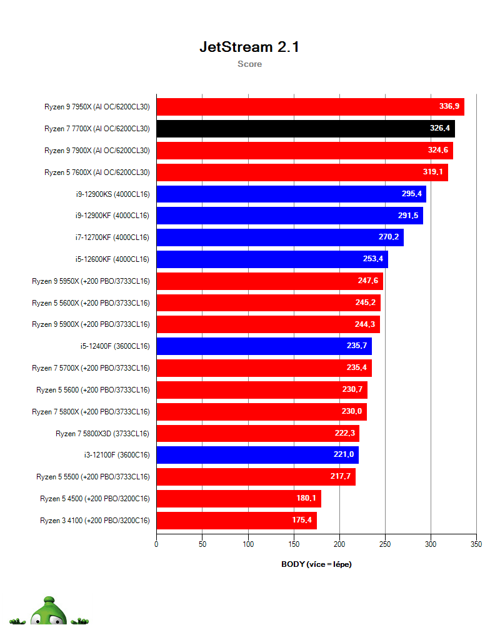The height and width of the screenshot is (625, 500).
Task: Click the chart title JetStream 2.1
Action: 249,47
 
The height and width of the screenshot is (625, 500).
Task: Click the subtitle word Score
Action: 249,64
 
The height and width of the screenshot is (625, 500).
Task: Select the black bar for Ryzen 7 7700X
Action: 305,129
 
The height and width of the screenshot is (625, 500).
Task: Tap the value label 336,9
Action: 449,107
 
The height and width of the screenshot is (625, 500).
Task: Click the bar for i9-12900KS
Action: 291,194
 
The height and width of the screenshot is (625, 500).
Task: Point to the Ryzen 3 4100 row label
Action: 94,520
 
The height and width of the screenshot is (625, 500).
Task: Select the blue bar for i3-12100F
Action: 257,454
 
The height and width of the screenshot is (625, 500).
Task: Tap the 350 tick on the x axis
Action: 476,544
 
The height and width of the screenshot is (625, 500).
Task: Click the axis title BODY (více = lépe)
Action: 316,564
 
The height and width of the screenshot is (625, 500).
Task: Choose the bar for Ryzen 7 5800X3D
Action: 257,433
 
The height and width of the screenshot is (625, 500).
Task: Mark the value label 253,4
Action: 373,259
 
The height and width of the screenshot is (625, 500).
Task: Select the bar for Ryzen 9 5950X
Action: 269,281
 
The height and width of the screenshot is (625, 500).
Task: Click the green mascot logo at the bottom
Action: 49,611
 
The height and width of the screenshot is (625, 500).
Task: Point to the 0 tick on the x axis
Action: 156,544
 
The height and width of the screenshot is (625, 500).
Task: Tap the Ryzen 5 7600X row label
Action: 97,172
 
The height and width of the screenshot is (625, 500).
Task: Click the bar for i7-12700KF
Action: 279,237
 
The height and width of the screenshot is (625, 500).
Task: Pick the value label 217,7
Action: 341,477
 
